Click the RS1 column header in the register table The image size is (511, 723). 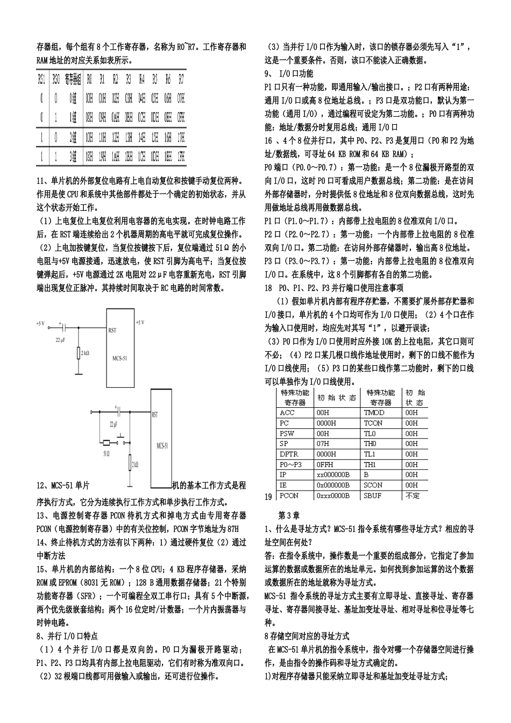pyautogui.click(x=41, y=79)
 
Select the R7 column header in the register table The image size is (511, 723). pyautogui.click(x=181, y=79)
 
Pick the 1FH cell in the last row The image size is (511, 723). pyautogui.click(x=181, y=157)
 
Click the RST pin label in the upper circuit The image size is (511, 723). pyautogui.click(x=112, y=330)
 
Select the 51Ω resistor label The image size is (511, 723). pyautogui.click(x=106, y=453)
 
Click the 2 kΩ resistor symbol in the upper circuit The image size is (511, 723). pyautogui.click(x=79, y=353)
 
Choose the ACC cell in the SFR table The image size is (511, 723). pyautogui.click(x=288, y=413)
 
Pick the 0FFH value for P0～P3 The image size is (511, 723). pyautogui.click(x=325, y=464)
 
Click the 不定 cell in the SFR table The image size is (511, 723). pyautogui.click(x=413, y=495)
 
